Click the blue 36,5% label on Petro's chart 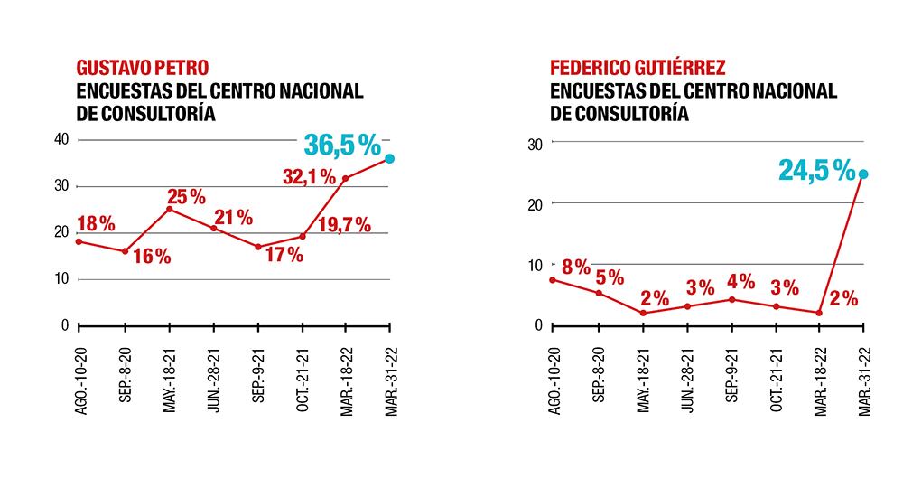pyautogui.click(x=342, y=145)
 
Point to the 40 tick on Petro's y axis pyautogui.click(x=61, y=139)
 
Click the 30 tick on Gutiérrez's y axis pyautogui.click(x=534, y=143)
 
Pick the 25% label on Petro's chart pyautogui.click(x=186, y=196)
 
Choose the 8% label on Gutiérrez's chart pyautogui.click(x=575, y=267)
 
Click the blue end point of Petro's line pyautogui.click(x=389, y=159)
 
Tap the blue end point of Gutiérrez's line pyautogui.click(x=864, y=174)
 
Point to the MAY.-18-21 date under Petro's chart pyautogui.click(x=169, y=380)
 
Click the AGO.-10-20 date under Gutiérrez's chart pyautogui.click(x=553, y=380)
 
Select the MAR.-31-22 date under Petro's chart pyautogui.click(x=389, y=380)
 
